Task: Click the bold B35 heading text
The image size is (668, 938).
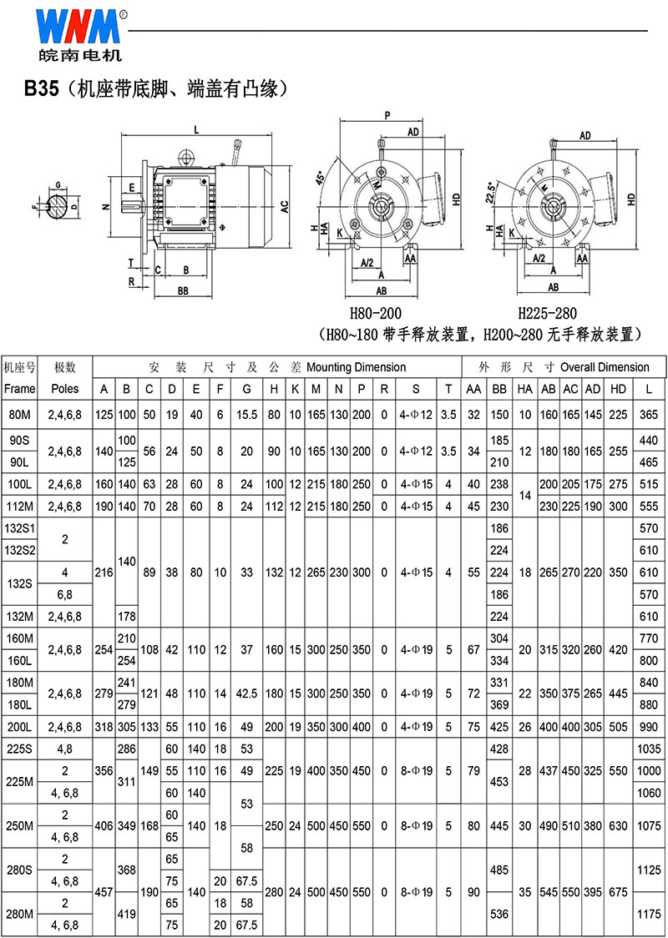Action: [x=41, y=89]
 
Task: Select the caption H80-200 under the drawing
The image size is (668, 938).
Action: [x=376, y=314]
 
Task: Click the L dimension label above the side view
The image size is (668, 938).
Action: [x=196, y=128]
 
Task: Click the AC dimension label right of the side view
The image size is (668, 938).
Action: [x=286, y=206]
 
